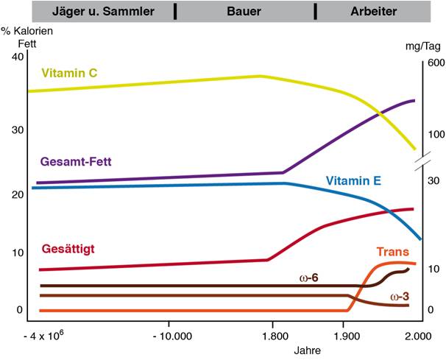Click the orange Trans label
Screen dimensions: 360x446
pos(392,252)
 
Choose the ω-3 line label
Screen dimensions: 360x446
pos(400,297)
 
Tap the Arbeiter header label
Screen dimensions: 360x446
pos(373,12)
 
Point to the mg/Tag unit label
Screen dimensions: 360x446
pos(424,46)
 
